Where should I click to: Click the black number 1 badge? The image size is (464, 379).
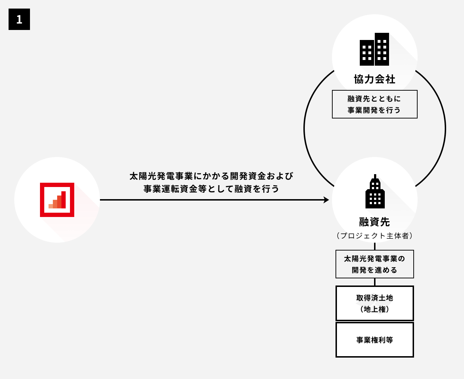[x=19, y=19]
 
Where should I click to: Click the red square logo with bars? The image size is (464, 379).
[x=57, y=200]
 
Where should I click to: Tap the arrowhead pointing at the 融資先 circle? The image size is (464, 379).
[x=326, y=200]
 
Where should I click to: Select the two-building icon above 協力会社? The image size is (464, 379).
[x=374, y=50]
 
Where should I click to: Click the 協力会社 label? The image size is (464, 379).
[x=374, y=79]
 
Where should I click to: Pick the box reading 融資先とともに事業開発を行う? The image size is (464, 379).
[x=374, y=104]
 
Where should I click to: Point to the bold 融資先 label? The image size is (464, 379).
[x=374, y=222]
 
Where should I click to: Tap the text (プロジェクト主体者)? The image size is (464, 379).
[x=374, y=236]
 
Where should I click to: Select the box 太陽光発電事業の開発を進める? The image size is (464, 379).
[x=374, y=264]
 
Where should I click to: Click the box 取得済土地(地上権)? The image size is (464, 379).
[x=374, y=303]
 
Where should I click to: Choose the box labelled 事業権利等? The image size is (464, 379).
[x=374, y=340]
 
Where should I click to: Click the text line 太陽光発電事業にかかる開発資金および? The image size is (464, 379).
[x=211, y=176]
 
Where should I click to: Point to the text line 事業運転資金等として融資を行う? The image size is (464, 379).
[x=211, y=189]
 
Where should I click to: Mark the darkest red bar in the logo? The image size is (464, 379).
[x=64, y=200]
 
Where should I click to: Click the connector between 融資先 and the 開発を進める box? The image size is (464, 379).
[x=375, y=246]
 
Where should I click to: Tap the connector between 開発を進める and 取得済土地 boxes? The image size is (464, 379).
[x=375, y=282]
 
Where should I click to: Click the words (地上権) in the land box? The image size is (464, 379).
[x=374, y=309]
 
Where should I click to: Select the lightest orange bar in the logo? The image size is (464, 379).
[x=51, y=206]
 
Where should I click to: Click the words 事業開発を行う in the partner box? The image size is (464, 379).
[x=374, y=110]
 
